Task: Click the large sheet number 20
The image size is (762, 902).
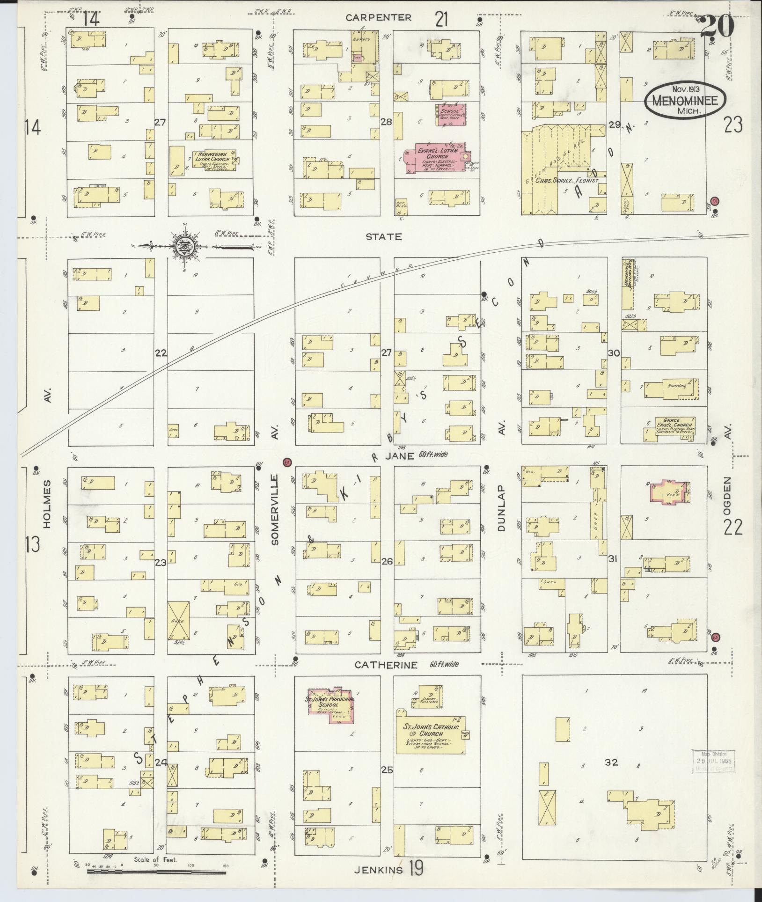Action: click(717, 27)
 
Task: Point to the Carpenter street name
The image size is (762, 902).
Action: click(378, 18)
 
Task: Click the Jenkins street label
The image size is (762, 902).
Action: click(378, 870)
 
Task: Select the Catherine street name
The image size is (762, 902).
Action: click(385, 665)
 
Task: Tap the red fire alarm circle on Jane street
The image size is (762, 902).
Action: click(287, 462)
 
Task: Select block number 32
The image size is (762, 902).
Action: click(611, 762)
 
